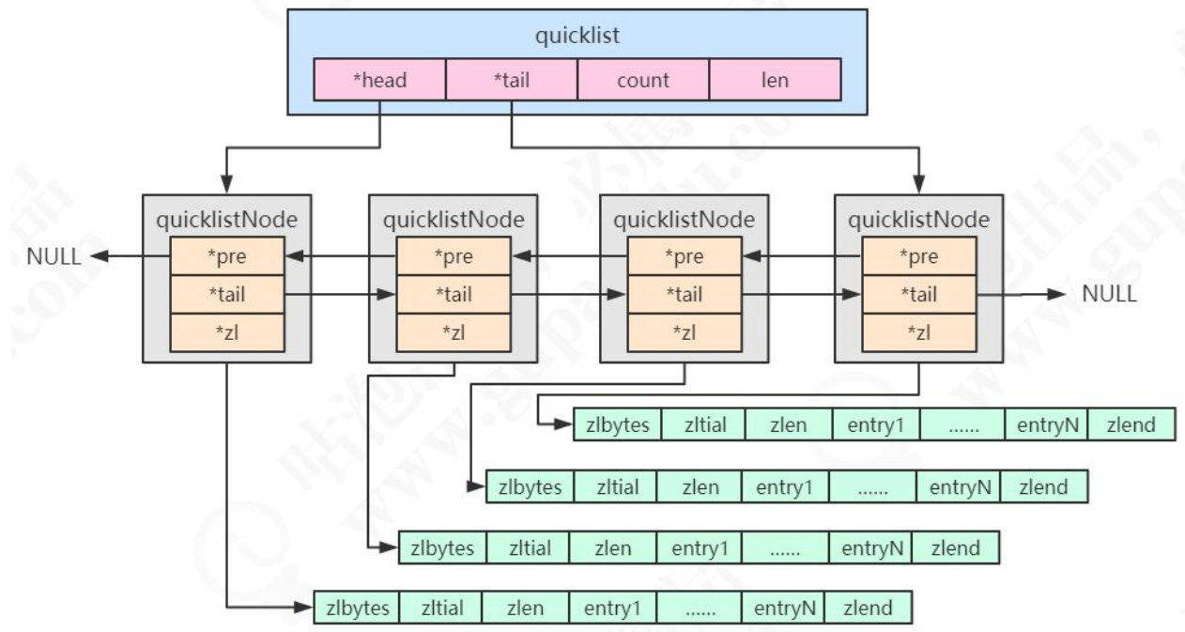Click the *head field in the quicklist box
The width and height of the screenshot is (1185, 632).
pyautogui.click(x=379, y=80)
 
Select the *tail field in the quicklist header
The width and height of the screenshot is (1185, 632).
pyautogui.click(x=511, y=80)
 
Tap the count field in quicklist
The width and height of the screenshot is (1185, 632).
pyautogui.click(x=643, y=80)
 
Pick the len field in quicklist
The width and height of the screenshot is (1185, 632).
pyautogui.click(x=775, y=80)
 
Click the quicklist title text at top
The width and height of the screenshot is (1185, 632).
pyautogui.click(x=577, y=36)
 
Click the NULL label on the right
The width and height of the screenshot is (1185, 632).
pyautogui.click(x=1110, y=294)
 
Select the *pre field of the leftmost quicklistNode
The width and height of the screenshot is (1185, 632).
pyautogui.click(x=226, y=254)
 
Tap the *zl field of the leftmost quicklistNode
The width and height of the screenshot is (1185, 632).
pyautogui.click(x=226, y=333)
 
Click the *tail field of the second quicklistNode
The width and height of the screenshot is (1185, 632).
pyautogui.click(x=454, y=294)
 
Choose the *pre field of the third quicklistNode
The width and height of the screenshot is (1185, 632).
pyautogui.click(x=684, y=254)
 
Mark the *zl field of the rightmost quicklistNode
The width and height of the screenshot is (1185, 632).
pyautogui.click(x=918, y=333)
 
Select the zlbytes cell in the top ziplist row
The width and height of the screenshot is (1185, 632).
pyautogui.click(x=617, y=425)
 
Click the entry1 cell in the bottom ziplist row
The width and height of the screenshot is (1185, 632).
pyautogui.click(x=611, y=609)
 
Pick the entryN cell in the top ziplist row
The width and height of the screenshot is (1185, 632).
pyautogui.click(x=1046, y=425)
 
